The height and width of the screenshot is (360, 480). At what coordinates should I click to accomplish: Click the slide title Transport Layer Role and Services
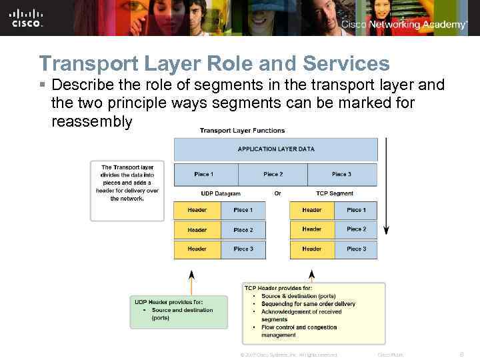pyautogui.click(x=214, y=64)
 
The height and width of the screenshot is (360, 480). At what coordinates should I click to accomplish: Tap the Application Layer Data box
pyautogui.click(x=275, y=149)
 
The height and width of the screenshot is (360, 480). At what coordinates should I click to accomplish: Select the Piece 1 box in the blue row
pyautogui.click(x=204, y=175)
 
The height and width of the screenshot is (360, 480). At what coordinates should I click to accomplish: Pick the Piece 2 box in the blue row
pyautogui.click(x=273, y=175)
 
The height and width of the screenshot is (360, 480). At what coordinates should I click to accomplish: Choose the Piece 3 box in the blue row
pyautogui.click(x=342, y=175)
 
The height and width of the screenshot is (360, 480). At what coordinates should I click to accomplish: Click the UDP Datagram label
pyautogui.click(x=221, y=194)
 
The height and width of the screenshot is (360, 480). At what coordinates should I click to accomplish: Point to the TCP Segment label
pyautogui.click(x=335, y=194)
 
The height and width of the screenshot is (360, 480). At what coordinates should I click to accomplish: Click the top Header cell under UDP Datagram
pyautogui.click(x=197, y=210)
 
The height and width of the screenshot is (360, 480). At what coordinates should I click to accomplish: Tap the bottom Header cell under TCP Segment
pyautogui.click(x=312, y=249)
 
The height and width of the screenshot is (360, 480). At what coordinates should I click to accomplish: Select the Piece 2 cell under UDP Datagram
pyautogui.click(x=243, y=230)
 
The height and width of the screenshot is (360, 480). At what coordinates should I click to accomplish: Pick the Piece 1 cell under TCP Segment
pyautogui.click(x=356, y=210)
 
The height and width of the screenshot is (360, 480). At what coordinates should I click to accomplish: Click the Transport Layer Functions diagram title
pyautogui.click(x=242, y=131)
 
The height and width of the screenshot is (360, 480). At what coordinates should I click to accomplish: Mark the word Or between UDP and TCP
pyautogui.click(x=278, y=194)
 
